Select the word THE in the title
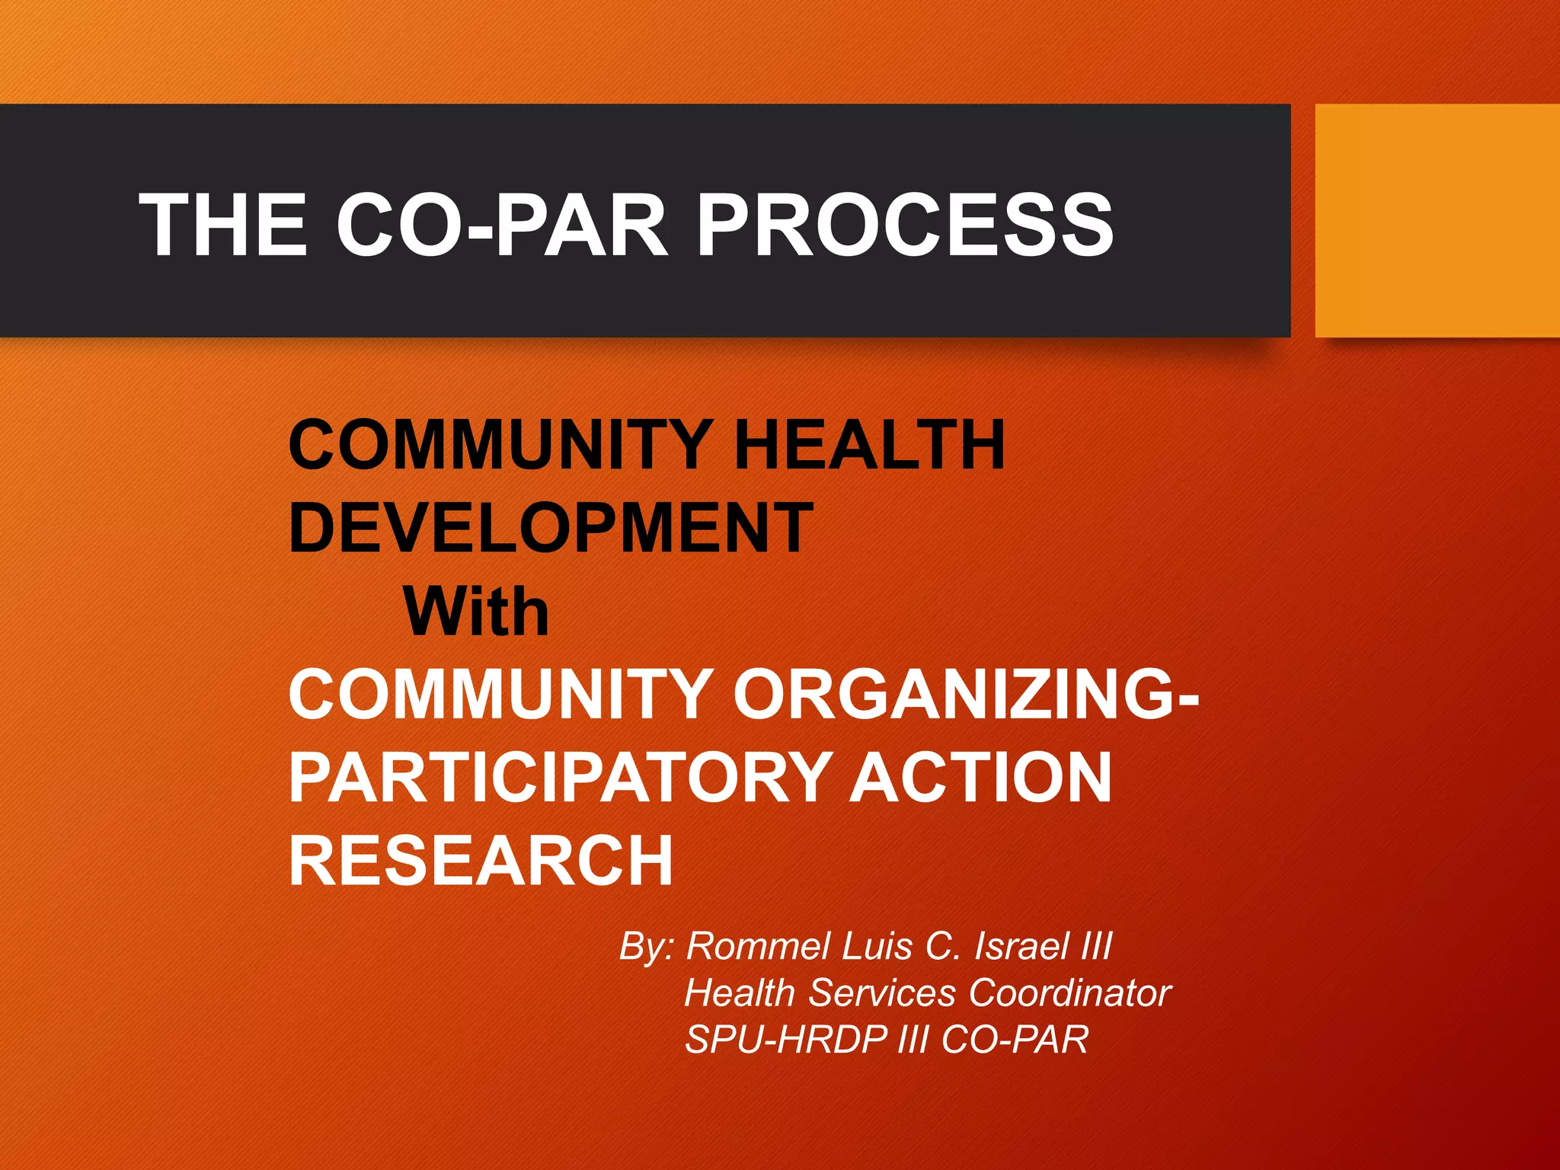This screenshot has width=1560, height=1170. (222, 224)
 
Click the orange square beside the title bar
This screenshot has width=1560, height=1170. (1437, 220)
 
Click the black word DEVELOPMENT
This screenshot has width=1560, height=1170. (551, 527)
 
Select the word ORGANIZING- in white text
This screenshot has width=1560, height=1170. (965, 693)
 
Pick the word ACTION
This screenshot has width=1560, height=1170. (980, 777)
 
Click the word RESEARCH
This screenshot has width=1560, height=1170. (481, 861)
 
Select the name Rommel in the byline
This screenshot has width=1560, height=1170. (758, 946)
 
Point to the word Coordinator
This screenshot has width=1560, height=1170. (1069, 993)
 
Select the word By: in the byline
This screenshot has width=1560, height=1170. (646, 946)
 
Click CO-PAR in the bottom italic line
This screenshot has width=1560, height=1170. (1015, 1039)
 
